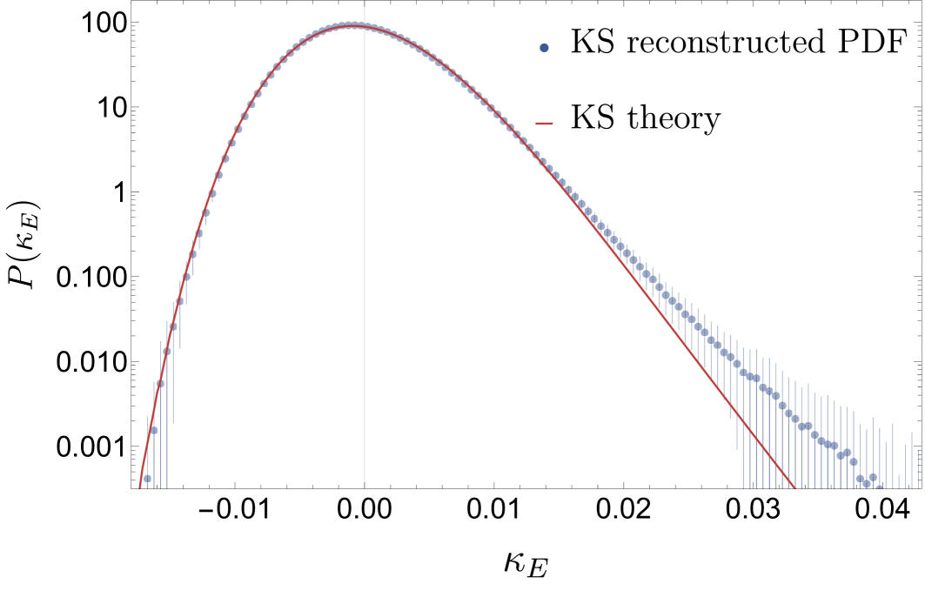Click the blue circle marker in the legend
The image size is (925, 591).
coord(544,48)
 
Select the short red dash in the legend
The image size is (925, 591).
coord(544,124)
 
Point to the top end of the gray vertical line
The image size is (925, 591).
coord(364,7)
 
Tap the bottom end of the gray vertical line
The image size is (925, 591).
coord(364,481)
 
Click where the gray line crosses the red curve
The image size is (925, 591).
coord(364,26)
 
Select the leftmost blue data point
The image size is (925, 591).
coord(147,478)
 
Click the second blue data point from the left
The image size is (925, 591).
coord(154,430)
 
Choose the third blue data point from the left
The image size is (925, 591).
coord(160,383)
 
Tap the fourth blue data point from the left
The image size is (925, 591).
coord(167,352)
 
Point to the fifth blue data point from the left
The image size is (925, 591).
coord(173,327)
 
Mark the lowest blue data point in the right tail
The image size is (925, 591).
coord(867,483)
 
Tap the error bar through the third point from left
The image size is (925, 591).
coord(160,418)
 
